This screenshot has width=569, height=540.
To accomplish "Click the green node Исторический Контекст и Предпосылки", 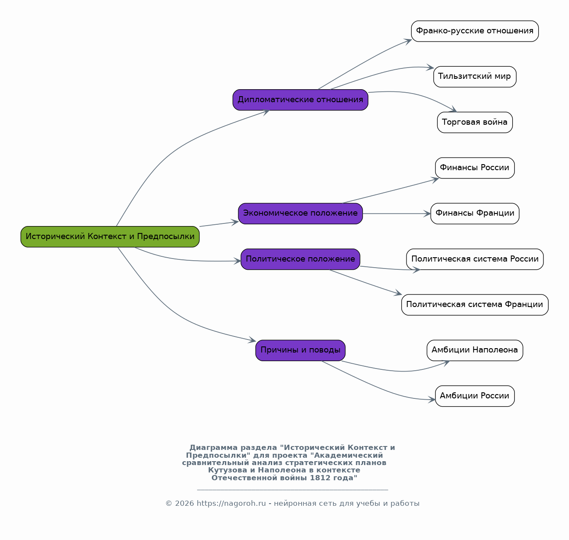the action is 110,236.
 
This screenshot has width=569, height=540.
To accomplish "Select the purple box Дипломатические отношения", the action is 300,100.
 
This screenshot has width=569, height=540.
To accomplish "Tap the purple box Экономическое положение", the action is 300,213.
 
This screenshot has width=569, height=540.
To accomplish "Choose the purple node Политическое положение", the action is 300,259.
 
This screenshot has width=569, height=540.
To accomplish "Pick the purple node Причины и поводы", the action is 300,350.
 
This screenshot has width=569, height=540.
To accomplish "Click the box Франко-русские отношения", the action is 475,31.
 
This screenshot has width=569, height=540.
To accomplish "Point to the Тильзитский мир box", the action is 475,77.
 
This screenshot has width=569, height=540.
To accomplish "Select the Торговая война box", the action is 475,123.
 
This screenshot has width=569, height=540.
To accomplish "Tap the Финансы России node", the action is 475,168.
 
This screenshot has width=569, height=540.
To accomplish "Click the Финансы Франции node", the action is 475,213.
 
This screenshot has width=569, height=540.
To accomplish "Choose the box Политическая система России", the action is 475,259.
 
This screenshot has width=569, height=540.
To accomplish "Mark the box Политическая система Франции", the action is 475,305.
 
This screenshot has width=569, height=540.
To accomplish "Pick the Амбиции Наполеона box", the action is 475,350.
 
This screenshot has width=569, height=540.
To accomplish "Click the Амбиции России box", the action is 475,396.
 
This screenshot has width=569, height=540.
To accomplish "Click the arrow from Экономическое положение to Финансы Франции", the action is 397,214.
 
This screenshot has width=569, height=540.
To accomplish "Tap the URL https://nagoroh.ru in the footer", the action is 231,504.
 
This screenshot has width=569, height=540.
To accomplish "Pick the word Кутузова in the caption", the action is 228,470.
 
